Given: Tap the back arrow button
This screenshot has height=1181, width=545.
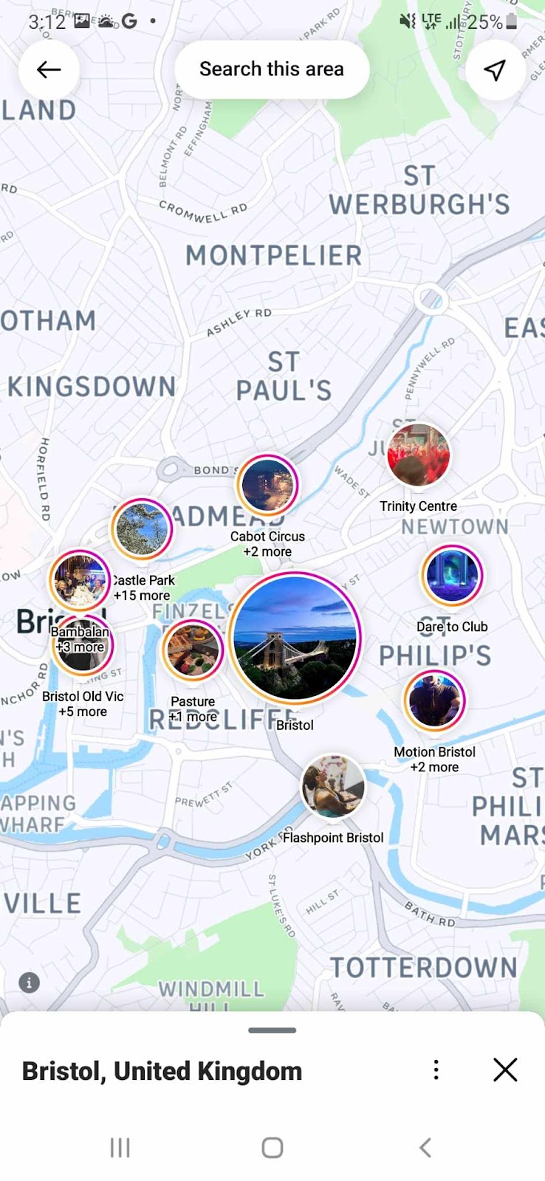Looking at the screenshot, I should (49, 69).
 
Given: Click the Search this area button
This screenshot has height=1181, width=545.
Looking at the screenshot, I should (272, 69).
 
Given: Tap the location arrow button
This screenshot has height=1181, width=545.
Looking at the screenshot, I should (495, 69).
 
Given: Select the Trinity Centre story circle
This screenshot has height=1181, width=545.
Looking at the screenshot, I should (418, 455).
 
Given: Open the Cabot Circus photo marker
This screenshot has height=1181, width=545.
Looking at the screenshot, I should (267, 485).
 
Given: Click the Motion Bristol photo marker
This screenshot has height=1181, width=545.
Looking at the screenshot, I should (434, 700).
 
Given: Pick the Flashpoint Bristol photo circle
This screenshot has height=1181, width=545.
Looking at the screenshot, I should (333, 786).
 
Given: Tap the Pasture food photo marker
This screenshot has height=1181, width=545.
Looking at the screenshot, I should (193, 650).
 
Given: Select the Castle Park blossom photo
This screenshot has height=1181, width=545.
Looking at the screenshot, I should (142, 528).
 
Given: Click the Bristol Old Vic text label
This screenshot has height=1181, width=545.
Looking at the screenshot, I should (83, 696).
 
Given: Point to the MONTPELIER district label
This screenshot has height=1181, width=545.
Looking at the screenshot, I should (274, 255).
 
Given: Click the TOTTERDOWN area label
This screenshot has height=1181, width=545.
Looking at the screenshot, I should (423, 968).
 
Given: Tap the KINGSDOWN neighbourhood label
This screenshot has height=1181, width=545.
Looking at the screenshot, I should (92, 386).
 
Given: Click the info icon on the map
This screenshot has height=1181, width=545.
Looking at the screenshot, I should (29, 982).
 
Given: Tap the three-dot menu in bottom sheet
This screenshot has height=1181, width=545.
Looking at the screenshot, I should (436, 1070).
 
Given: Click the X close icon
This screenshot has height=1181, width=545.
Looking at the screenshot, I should (505, 1070).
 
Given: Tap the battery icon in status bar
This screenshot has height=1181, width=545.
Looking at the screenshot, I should (512, 22).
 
